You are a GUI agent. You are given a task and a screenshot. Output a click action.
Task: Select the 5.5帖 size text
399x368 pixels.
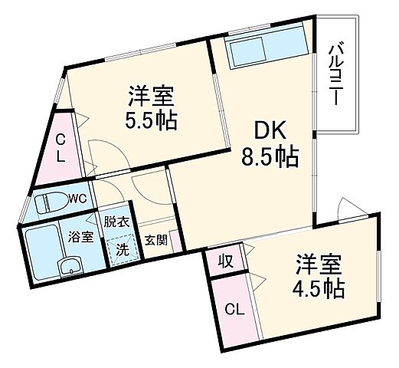(152, 120)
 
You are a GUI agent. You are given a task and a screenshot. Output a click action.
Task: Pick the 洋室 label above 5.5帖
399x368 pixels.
(152, 97)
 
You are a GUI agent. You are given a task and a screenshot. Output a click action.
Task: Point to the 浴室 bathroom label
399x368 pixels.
(82, 237)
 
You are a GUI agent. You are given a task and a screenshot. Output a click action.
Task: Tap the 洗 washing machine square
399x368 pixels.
(121, 249)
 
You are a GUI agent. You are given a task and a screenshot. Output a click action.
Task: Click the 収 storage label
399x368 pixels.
(227, 259)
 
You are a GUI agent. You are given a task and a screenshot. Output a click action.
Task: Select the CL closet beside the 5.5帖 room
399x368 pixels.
(59, 148)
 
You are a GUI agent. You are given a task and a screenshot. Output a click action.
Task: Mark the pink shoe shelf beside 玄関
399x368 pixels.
(175, 242)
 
